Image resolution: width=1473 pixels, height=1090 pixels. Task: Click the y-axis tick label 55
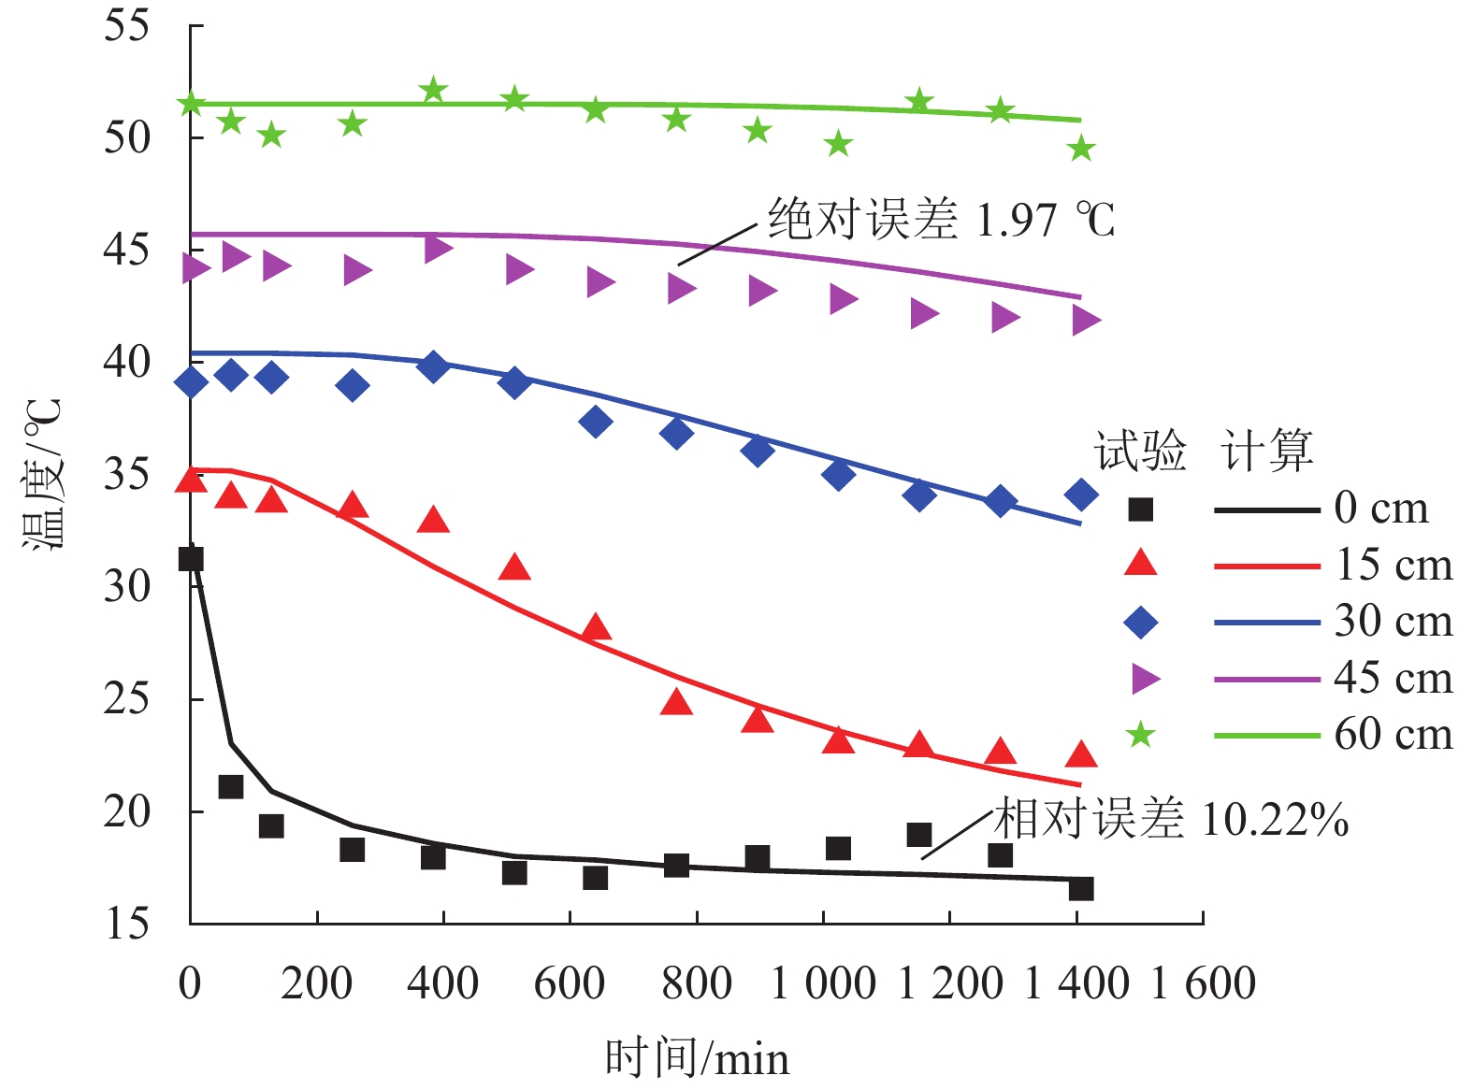click(126, 25)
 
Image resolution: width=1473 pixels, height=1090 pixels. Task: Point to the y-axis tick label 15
click(126, 924)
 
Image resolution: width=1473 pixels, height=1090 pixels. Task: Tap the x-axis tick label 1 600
click(1203, 983)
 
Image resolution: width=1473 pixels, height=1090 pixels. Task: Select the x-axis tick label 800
click(696, 983)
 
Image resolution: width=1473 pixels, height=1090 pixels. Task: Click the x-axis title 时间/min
click(697, 1058)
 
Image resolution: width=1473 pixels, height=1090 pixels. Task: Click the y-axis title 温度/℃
click(42, 474)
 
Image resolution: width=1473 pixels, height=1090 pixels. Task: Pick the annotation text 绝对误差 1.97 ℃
click(941, 221)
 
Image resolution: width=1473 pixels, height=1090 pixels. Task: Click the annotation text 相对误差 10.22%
click(1171, 820)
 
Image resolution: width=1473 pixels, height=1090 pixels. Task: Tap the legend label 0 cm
click(1381, 509)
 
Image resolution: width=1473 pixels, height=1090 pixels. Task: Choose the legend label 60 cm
click(1394, 735)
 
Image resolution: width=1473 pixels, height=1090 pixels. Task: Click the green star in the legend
click(1140, 735)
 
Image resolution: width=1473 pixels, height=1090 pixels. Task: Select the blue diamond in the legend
click(1140, 623)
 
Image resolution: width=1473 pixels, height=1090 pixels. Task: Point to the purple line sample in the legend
click(1266, 679)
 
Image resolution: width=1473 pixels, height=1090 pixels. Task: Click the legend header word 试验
click(1140, 452)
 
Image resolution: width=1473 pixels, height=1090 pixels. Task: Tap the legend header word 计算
click(1267, 452)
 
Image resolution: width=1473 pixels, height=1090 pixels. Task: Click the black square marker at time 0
click(191, 559)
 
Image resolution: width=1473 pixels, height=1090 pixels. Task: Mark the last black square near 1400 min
click(1081, 888)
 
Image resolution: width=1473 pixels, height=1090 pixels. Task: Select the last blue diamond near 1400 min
click(1081, 495)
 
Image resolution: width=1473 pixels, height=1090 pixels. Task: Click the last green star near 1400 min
click(1081, 149)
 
